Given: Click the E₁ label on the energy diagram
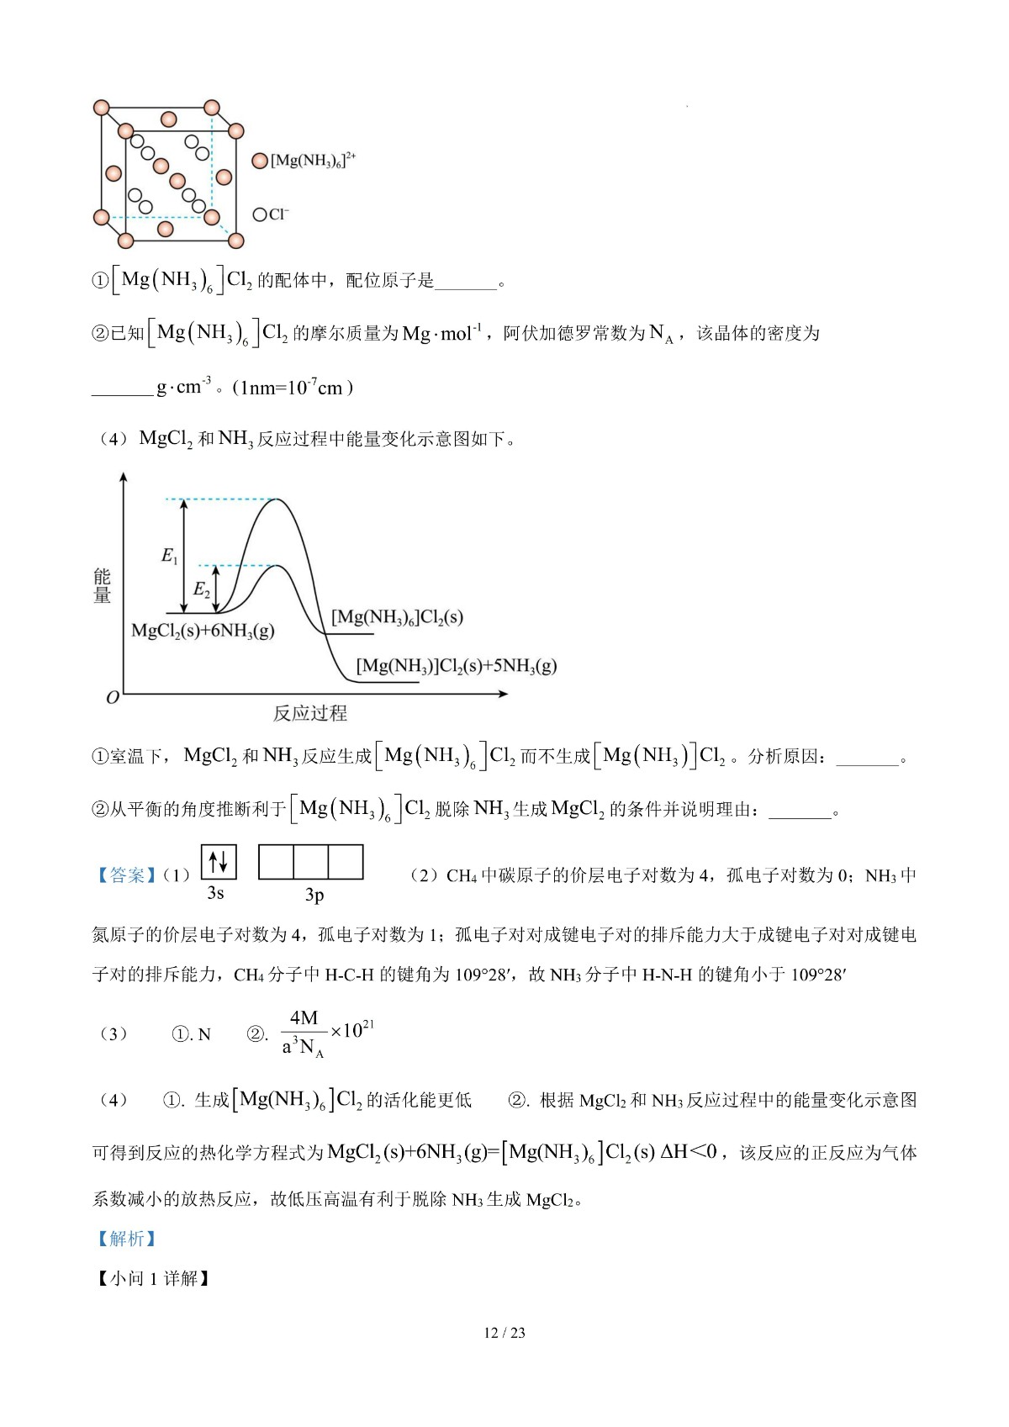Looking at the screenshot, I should (169, 556).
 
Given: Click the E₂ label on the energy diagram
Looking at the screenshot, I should (201, 589).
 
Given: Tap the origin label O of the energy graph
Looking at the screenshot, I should (113, 697).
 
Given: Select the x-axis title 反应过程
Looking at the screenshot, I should (309, 713).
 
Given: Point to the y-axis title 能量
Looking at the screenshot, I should (103, 585).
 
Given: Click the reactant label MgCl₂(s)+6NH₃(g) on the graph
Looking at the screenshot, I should (203, 631).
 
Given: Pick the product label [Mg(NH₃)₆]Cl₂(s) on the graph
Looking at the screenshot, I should (397, 617).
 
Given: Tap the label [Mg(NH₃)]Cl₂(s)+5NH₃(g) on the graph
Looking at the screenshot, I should (457, 666).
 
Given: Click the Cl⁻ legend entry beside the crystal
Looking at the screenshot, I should (271, 214).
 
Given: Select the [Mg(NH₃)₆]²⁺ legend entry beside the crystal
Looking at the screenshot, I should (305, 160).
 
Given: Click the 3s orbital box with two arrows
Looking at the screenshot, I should (219, 862).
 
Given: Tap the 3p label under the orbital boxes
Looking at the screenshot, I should (314, 896).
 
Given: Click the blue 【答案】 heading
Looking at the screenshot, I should (125, 875).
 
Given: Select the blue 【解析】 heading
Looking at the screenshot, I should (125, 1239).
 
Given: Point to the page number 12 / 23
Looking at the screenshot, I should (504, 1333).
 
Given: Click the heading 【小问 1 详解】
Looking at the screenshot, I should (152, 1279).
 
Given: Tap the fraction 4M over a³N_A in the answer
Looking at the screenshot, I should (304, 1033).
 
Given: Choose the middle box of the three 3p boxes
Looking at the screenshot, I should (310, 862).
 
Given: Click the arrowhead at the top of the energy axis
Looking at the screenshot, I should (124, 477).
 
